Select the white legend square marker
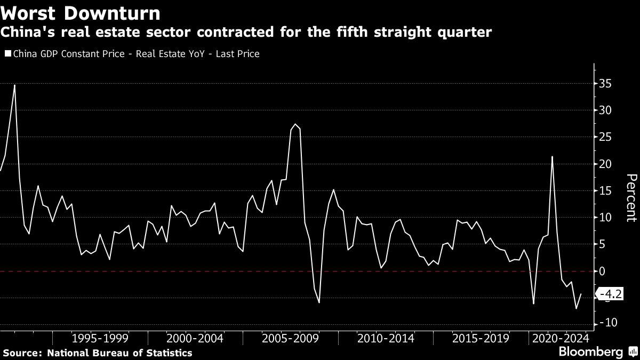tap(7, 54)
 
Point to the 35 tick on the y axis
tap(605, 84)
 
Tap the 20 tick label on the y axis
tap(605, 164)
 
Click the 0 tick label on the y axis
tap(602, 271)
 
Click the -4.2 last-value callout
tap(610, 294)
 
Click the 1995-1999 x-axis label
tap(100, 338)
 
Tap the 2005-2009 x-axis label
tap(290, 338)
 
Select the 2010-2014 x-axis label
tap(385, 338)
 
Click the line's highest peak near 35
tap(14, 85)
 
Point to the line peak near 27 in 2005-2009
tap(295, 124)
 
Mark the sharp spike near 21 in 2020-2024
tap(552, 157)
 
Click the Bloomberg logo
tap(590, 352)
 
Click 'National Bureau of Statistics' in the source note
tap(119, 353)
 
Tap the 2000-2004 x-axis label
tap(195, 338)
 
